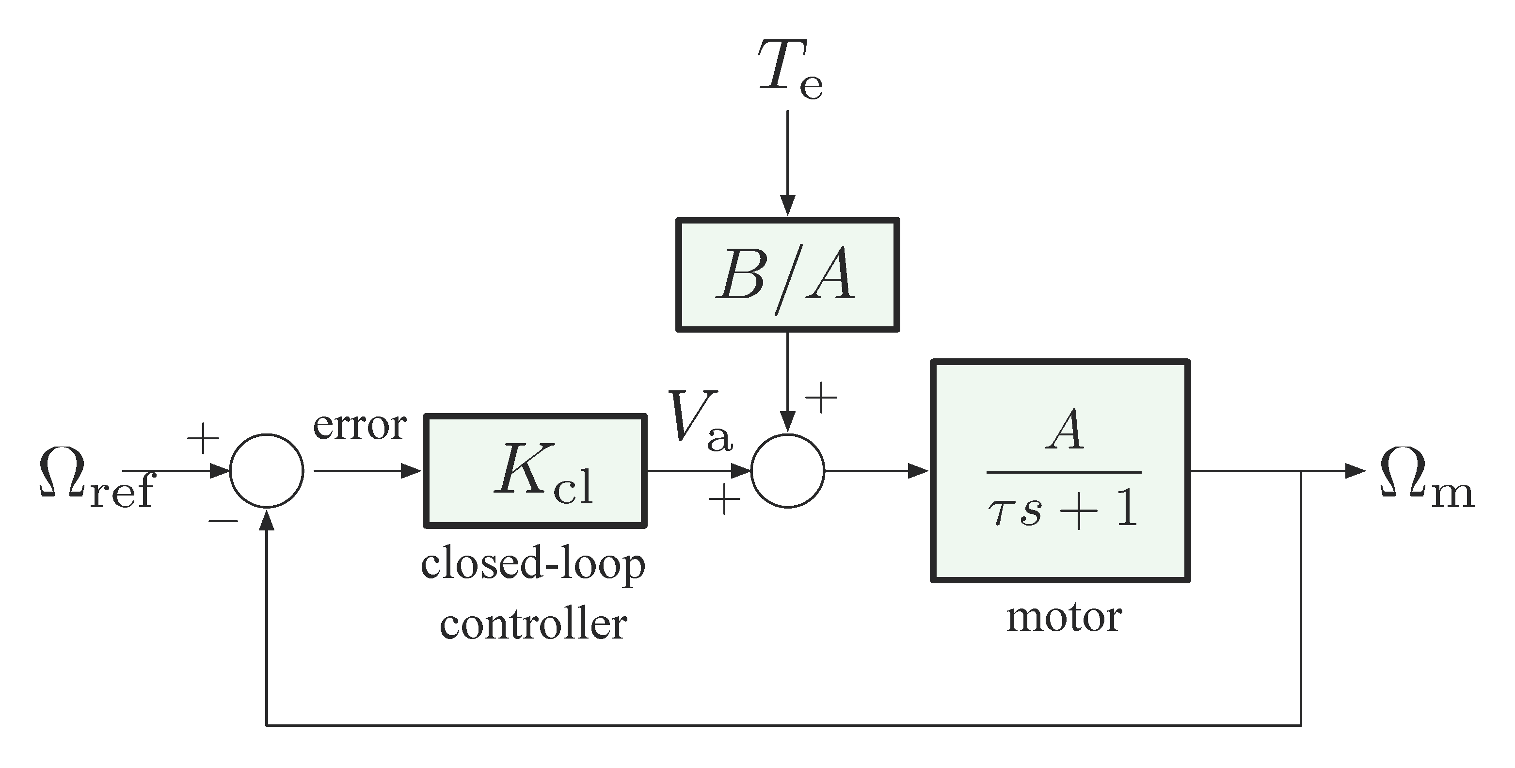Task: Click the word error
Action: [x=359, y=425]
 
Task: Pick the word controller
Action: [x=533, y=624]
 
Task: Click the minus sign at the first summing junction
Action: [x=223, y=521]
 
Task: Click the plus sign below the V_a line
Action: [x=723, y=500]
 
